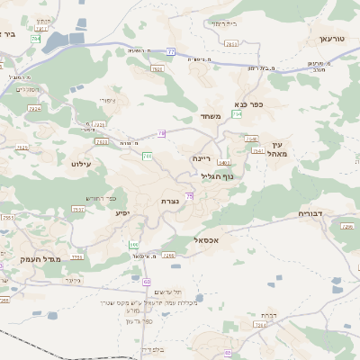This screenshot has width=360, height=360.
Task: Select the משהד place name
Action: [x=211, y=116]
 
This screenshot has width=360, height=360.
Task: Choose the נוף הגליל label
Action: [x=216, y=176]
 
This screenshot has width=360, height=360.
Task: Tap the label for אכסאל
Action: [x=207, y=240]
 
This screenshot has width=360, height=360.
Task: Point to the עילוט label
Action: [x=80, y=164]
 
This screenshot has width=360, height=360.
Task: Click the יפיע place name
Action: [x=122, y=212]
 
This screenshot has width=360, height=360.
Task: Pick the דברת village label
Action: [x=268, y=315]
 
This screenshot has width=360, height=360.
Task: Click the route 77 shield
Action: [x=170, y=52]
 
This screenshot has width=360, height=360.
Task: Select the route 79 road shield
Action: [x=161, y=133]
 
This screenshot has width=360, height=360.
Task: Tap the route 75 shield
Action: [x=189, y=195]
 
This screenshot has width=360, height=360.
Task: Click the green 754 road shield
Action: [x=237, y=114]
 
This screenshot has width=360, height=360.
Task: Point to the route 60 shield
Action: [x=146, y=282]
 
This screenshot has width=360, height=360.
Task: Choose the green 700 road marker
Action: [x=147, y=157]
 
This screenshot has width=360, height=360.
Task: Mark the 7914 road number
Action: [x=34, y=108]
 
